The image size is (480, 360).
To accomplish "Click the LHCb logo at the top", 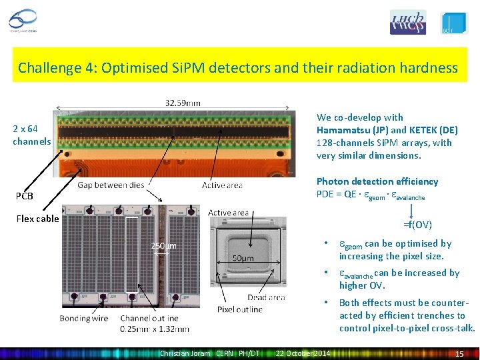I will click(x=407, y=22).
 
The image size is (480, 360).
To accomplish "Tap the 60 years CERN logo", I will click(x=25, y=21).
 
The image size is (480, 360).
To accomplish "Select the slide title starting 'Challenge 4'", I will click(x=238, y=67).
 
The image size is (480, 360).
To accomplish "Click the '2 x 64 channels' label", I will click(x=31, y=135).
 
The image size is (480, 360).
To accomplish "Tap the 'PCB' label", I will click(x=25, y=196).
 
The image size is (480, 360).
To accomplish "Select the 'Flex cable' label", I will click(x=37, y=219).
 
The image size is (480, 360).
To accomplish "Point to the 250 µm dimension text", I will click(x=164, y=247).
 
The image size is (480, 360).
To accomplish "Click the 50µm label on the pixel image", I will click(x=243, y=258).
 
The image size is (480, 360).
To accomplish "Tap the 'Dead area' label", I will click(x=266, y=297).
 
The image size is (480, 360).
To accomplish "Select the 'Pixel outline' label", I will click(x=240, y=309).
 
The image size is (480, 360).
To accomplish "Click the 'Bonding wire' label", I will click(x=84, y=318).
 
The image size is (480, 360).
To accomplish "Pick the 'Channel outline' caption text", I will click(x=149, y=318).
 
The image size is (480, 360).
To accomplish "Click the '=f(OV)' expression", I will click(x=417, y=225).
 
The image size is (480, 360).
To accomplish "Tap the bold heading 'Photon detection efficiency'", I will click(x=377, y=181).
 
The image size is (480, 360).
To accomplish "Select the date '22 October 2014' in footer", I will click(x=303, y=353).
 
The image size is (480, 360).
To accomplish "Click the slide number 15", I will click(x=459, y=353).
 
